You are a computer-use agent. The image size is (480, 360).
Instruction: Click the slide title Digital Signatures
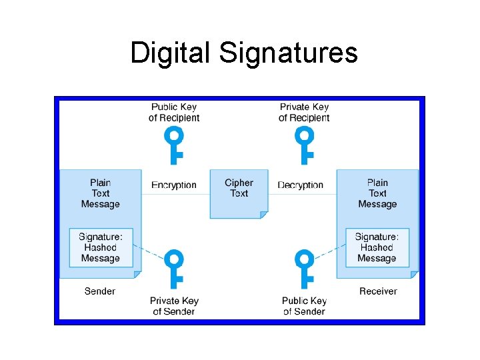click(x=243, y=53)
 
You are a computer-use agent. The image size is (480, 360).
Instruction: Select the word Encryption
click(x=174, y=185)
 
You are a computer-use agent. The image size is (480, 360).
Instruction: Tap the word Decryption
click(x=300, y=185)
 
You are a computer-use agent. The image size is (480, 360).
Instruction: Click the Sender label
click(x=100, y=291)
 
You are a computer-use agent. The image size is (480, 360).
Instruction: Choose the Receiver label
click(x=378, y=291)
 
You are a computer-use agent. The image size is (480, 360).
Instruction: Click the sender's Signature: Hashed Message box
click(x=101, y=247)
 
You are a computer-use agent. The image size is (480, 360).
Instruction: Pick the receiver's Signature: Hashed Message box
click(x=377, y=247)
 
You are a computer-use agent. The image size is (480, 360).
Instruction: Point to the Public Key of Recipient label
click(x=174, y=112)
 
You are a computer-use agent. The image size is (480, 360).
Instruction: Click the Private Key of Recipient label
click(x=304, y=112)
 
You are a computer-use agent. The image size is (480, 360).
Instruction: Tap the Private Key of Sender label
click(x=174, y=306)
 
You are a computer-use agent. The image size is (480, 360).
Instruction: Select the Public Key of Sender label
click(x=304, y=306)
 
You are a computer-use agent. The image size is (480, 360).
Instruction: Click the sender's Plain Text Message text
click(x=101, y=193)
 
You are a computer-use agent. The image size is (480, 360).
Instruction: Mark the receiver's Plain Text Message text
click(x=377, y=193)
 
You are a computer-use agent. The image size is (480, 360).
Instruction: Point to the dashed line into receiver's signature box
click(x=329, y=253)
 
